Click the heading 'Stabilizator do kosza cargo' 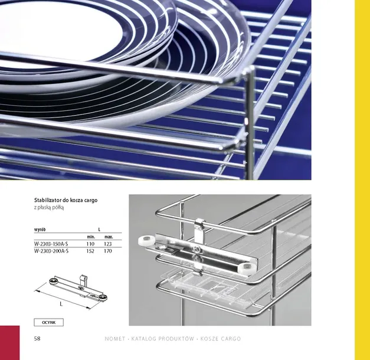[66, 201]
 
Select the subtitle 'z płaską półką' [49, 208]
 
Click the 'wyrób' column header [40, 230]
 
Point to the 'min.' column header [91, 237]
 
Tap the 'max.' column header [109, 237]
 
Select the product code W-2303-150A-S [51, 244]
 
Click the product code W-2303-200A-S [51, 251]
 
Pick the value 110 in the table [90, 244]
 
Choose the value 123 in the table [107, 244]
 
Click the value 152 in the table [90, 251]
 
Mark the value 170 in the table [107, 251]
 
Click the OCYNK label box [48, 322]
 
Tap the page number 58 [37, 339]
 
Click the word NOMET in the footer [115, 339]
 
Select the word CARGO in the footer [231, 339]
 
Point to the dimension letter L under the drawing [61, 304]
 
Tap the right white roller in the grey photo [246, 268]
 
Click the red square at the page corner [9, 343]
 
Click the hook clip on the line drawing [83, 280]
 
